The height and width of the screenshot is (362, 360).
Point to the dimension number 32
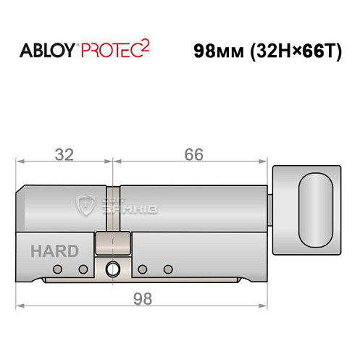[64, 155]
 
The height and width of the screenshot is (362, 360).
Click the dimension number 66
[193, 155]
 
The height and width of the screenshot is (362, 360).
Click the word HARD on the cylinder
[55, 251]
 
